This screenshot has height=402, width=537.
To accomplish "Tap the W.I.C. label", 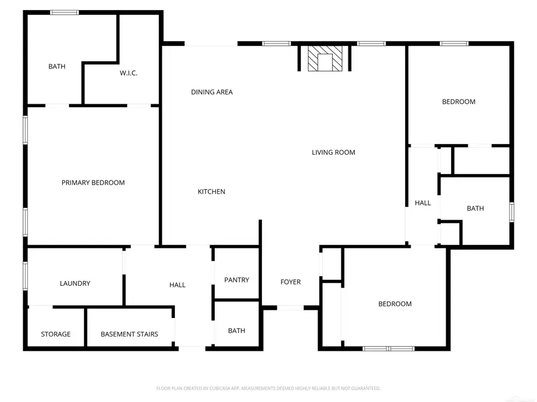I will click(128, 73).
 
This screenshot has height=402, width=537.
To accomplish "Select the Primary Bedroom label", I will click(93, 183).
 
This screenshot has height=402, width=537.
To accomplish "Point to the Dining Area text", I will click(212, 92).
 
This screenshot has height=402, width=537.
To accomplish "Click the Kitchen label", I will click(212, 192).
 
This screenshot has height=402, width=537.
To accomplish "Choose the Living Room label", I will click(334, 152).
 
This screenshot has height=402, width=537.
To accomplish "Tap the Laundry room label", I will click(75, 283).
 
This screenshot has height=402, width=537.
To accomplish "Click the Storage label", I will click(55, 334).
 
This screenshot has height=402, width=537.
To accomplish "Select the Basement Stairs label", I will click(129, 334).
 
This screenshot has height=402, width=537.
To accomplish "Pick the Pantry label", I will click(237, 280).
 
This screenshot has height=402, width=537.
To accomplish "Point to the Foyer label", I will click(291, 282).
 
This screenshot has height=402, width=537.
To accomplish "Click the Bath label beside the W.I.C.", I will click(57, 67).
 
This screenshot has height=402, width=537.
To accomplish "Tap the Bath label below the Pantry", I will click(237, 331).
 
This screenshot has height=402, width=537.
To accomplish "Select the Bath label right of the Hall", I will click(476, 208).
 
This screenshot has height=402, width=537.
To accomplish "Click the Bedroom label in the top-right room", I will click(459, 102).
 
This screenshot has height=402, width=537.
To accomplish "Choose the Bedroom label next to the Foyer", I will click(395, 304).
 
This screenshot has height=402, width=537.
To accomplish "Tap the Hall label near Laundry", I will click(177, 285).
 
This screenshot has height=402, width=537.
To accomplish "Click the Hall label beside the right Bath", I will click(423, 203).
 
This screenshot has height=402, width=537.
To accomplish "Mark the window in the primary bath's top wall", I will click(64, 12).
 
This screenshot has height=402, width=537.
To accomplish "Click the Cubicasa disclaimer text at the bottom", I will click(268, 388).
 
